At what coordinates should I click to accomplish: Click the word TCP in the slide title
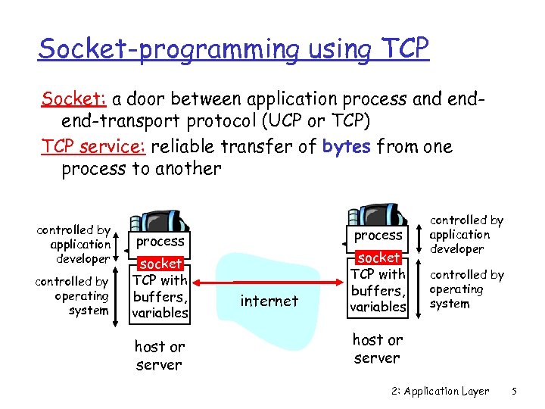pos(401,48)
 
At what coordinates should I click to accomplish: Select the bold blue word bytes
pos(346,146)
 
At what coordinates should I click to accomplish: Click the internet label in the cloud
pos(269,301)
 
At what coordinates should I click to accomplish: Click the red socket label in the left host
pos(161,264)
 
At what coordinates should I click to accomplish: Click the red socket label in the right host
pos(378,258)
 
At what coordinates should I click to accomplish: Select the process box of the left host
pos(160,242)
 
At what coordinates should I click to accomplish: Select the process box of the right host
pos(378,236)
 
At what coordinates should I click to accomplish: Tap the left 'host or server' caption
pos(159,355)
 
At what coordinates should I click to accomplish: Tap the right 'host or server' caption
pos(377,348)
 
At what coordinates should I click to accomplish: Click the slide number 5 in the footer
pos(514,392)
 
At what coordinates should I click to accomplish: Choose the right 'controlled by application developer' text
pos(466,234)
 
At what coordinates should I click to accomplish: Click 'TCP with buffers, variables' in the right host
pos(378,290)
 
